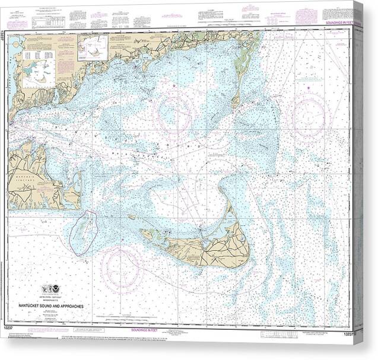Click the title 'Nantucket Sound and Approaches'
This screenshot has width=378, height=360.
coord(58,306)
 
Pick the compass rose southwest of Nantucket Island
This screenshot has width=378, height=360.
coord(121,270)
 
